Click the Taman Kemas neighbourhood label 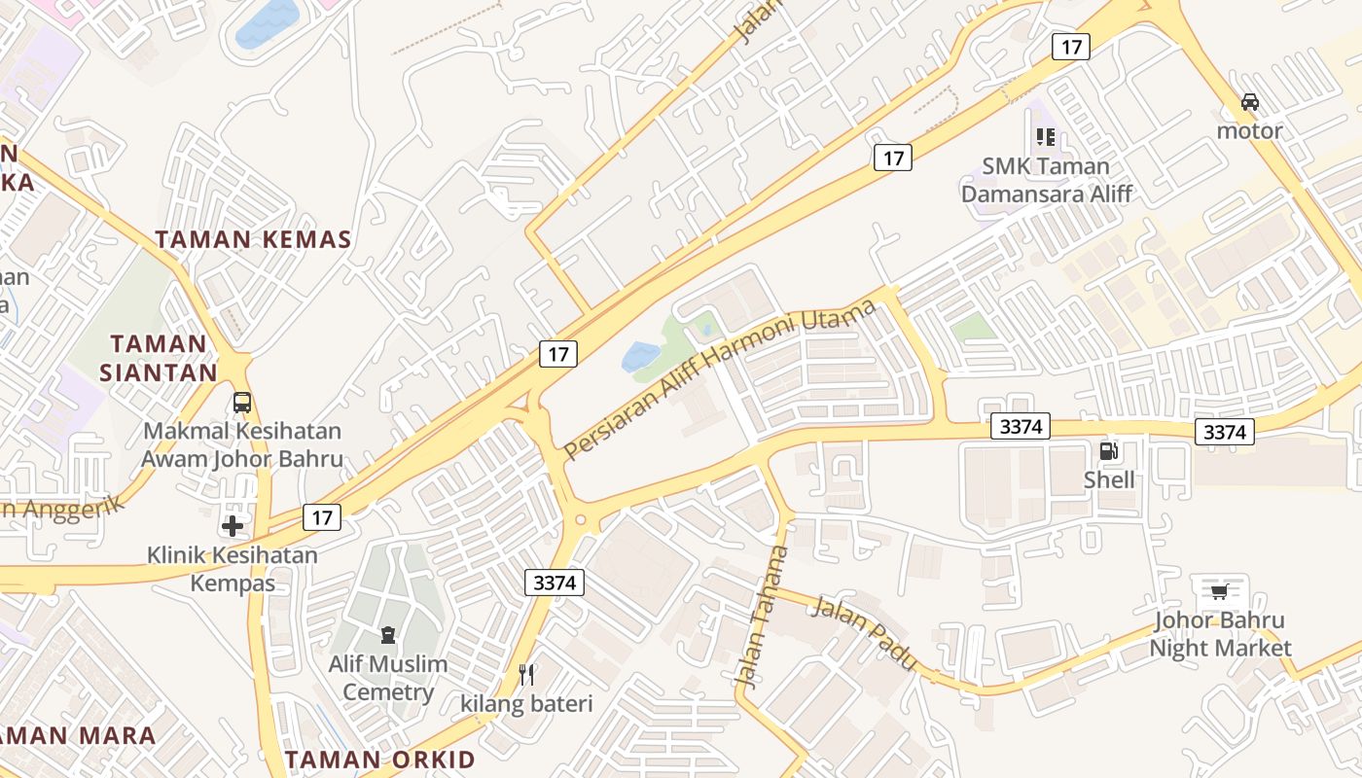point(253,239)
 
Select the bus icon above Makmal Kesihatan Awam point(242,403)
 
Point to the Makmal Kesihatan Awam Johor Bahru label point(242,444)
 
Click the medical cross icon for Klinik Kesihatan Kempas point(233,526)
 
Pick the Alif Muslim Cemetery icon point(388,636)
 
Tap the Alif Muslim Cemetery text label point(388,678)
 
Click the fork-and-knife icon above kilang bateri point(526,674)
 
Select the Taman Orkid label point(380,760)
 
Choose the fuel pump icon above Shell point(1108,451)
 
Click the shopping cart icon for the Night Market point(1220,591)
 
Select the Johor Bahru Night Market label point(1220,634)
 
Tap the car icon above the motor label point(1250,101)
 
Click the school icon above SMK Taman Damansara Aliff point(1046,137)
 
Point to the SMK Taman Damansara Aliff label point(1047,180)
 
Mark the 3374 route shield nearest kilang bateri point(556,583)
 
